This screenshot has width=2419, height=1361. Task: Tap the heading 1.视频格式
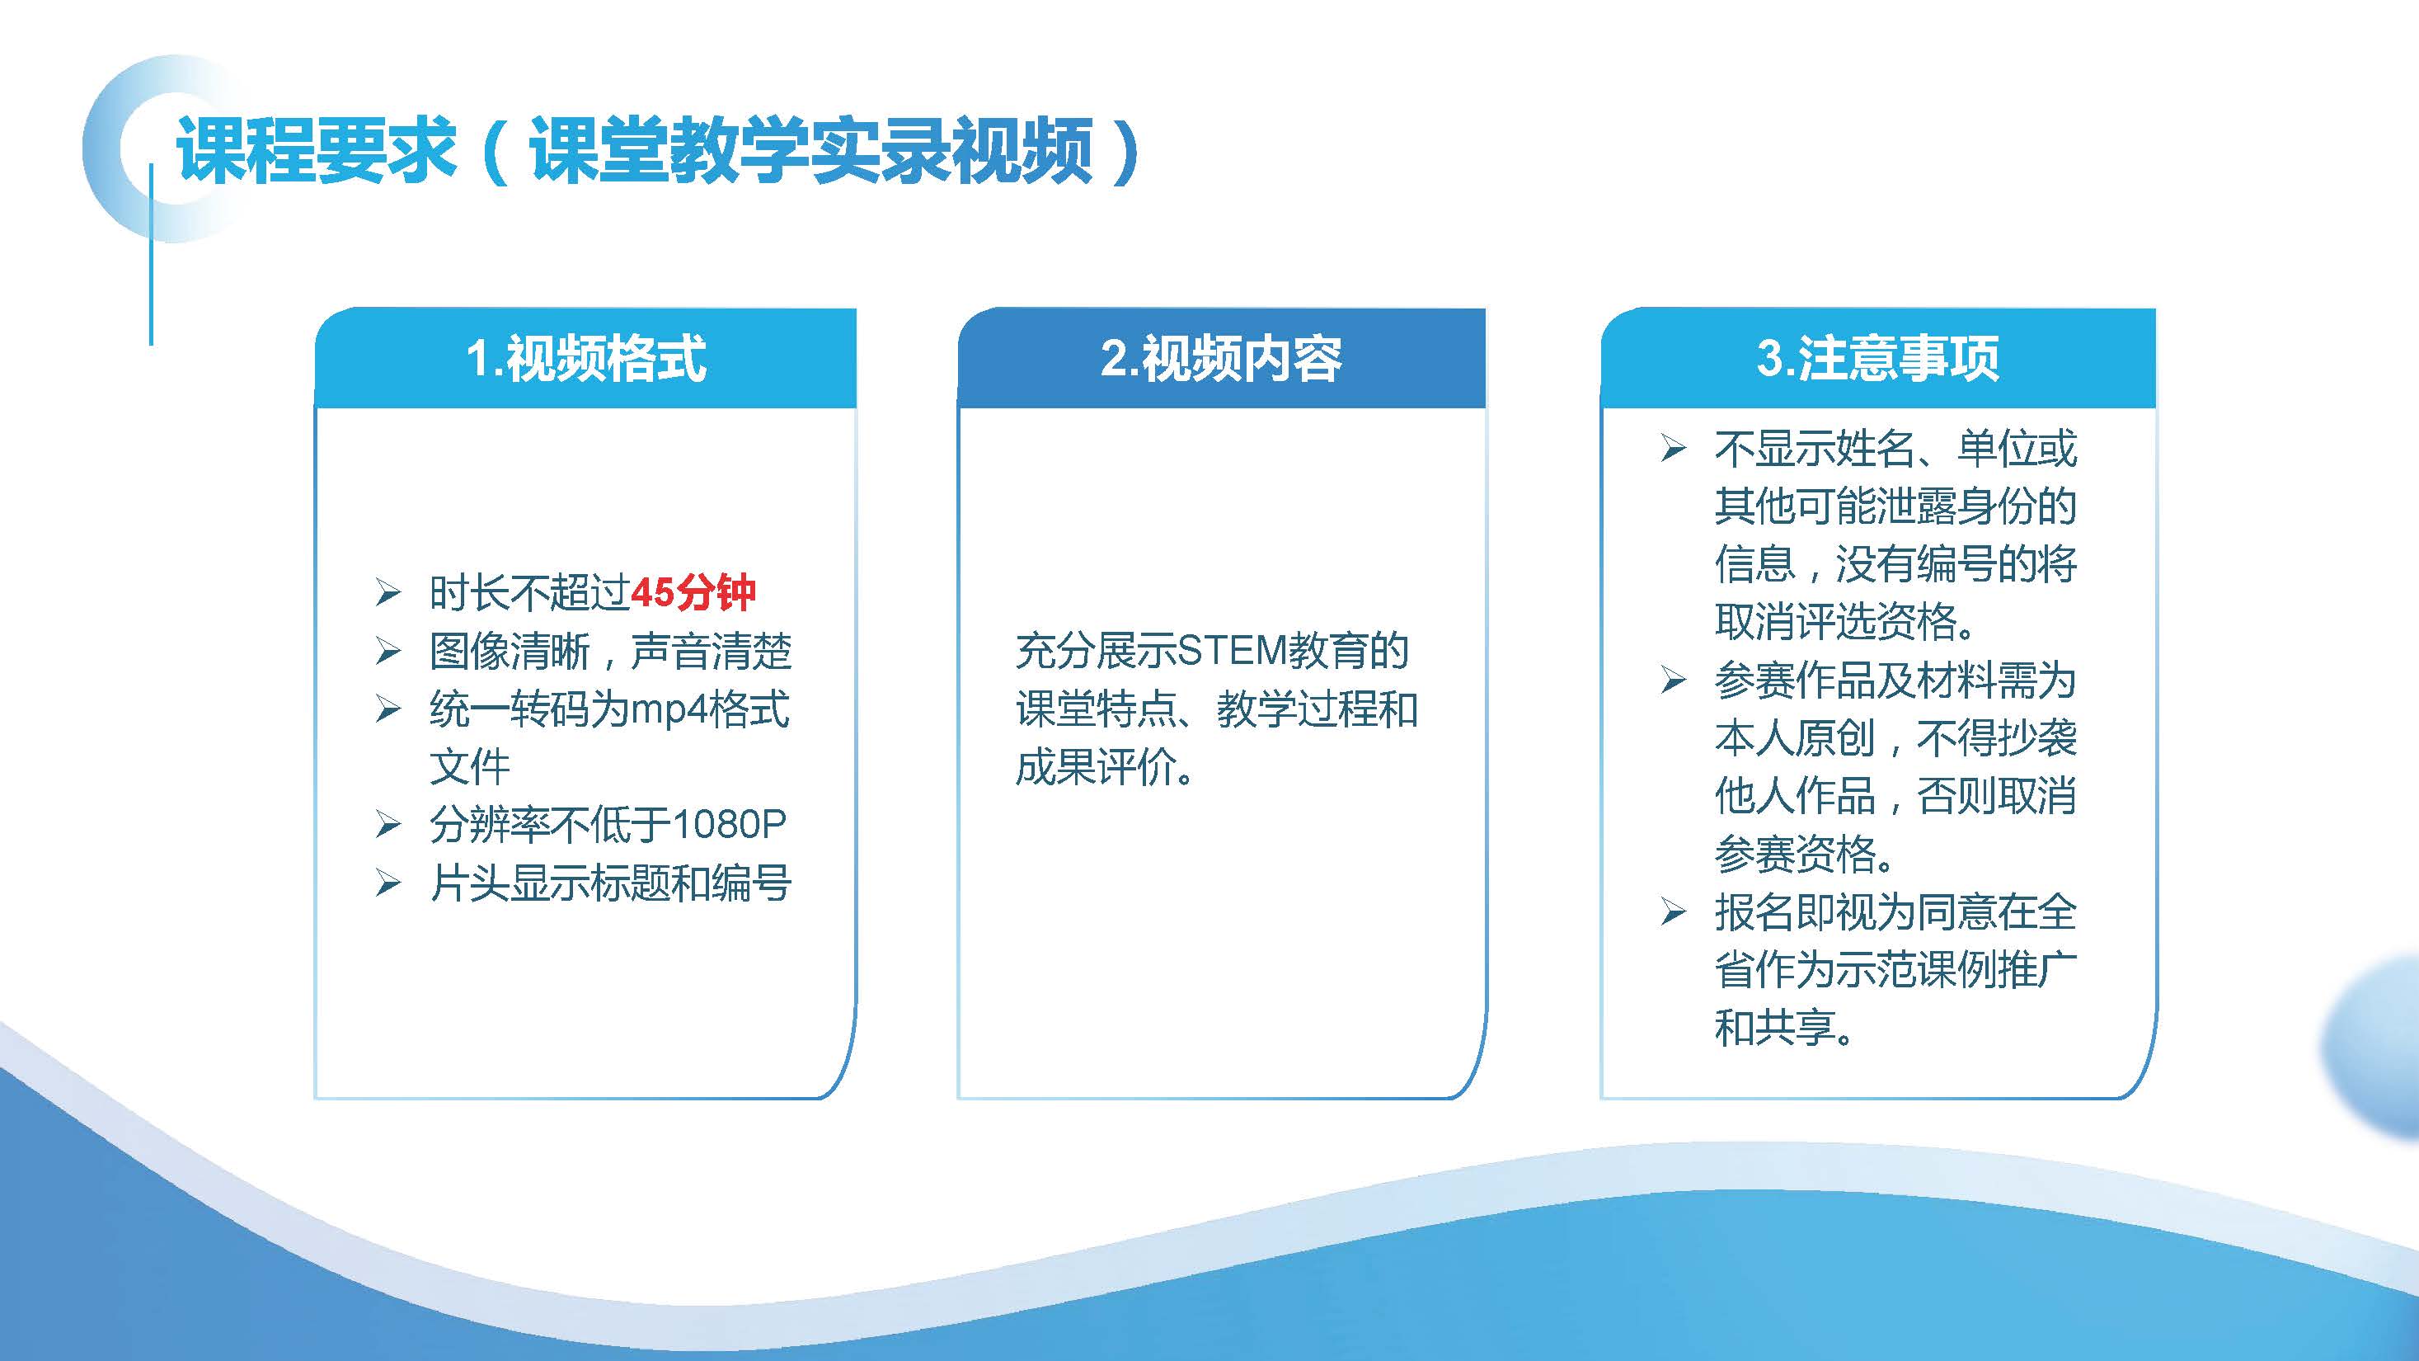(x=586, y=358)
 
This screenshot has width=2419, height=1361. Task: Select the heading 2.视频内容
(x=1221, y=358)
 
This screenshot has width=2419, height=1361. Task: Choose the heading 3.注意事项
(x=1878, y=358)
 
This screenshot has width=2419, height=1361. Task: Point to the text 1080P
(x=730, y=824)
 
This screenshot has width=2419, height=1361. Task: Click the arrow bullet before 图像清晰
(x=388, y=651)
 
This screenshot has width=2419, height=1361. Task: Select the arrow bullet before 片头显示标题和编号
(x=388, y=883)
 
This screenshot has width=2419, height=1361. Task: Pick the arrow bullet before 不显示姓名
(x=1673, y=448)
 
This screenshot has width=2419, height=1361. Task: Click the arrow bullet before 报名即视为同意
(x=1673, y=912)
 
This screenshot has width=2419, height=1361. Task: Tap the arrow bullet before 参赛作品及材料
(x=1673, y=679)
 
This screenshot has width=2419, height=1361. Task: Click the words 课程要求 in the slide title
(x=316, y=149)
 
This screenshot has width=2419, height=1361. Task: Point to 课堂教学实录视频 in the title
(x=811, y=149)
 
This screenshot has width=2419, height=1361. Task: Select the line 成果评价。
(x=1106, y=767)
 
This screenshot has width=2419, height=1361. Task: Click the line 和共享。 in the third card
(x=1784, y=1028)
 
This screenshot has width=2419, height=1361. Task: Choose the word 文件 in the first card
(x=469, y=766)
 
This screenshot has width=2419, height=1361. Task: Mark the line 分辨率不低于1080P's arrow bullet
(x=388, y=825)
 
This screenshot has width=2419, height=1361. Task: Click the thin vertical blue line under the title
(x=151, y=253)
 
